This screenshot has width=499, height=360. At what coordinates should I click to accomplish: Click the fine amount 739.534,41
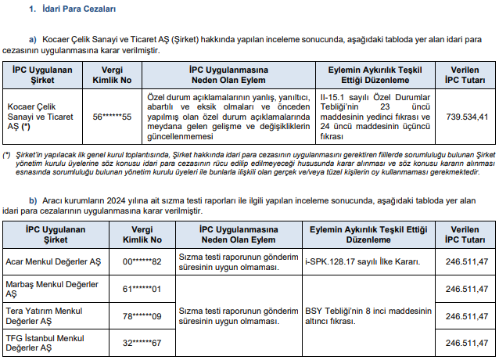(468, 117)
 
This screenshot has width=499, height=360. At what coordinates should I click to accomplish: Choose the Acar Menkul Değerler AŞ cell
(52, 260)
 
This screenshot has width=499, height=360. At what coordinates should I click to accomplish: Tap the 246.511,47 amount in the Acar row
(466, 260)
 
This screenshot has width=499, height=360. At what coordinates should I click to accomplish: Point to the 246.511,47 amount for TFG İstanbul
(466, 343)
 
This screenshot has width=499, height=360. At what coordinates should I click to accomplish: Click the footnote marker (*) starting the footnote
(7, 154)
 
